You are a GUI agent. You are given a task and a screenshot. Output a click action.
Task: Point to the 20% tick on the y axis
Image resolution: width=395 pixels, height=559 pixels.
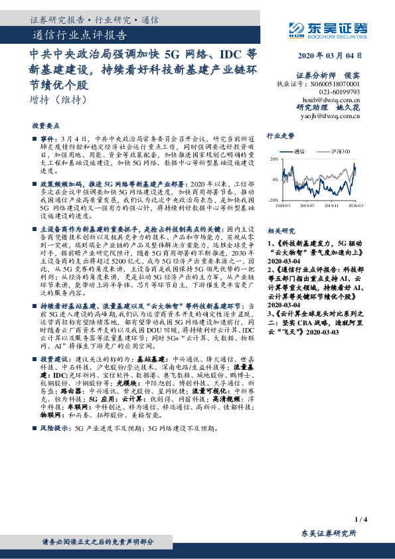pos(274,160)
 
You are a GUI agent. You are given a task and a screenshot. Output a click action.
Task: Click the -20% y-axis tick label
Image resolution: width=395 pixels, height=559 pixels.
pos(274,199)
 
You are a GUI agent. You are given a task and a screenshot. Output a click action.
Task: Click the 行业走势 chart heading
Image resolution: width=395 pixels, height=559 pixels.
pos(279,135)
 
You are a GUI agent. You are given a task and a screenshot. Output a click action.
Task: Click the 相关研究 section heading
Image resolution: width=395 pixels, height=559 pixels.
pos(279,231)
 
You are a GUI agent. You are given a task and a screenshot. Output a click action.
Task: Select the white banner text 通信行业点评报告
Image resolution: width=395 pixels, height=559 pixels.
pos(80,36)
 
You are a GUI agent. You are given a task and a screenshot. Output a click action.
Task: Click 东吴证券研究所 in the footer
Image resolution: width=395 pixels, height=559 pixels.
pos(329,534)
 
